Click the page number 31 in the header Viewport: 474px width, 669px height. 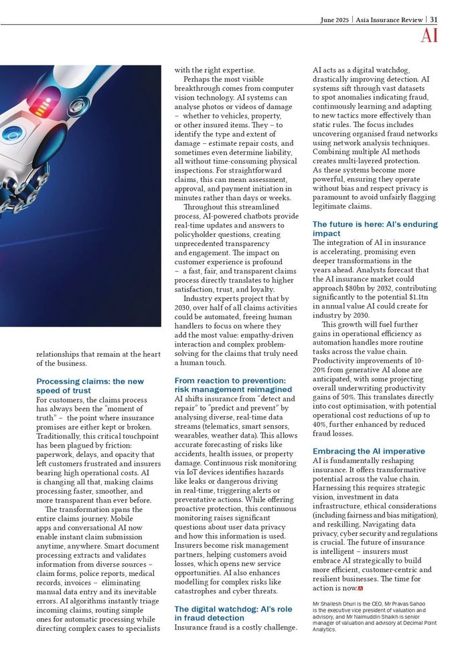[434, 19]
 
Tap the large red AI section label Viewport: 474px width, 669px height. [429, 36]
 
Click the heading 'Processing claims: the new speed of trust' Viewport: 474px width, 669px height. [89, 385]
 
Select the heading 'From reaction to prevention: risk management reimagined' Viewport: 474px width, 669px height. [232, 385]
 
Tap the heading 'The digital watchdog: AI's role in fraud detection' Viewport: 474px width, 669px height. [232, 613]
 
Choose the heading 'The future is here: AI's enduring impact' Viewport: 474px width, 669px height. [374, 229]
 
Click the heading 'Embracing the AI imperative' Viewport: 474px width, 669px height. [368, 452]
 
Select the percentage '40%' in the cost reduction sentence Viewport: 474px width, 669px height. [321, 424]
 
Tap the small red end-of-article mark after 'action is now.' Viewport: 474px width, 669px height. [361, 588]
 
